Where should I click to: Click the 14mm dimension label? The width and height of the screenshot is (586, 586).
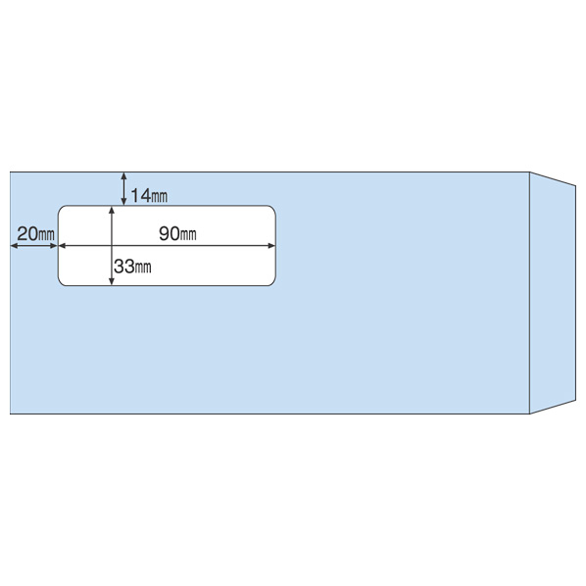(x=149, y=195)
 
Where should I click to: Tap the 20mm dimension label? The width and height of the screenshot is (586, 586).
(x=36, y=234)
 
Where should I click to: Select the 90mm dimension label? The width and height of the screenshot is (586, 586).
(x=177, y=233)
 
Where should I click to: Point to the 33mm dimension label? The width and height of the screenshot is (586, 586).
(x=132, y=267)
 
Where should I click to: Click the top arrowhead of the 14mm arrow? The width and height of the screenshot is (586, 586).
(x=124, y=175)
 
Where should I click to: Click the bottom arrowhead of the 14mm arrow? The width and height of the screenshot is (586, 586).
(x=124, y=202)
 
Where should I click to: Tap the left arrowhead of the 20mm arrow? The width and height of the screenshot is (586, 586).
(x=14, y=246)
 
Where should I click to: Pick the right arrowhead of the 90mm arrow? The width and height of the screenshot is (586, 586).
(x=271, y=246)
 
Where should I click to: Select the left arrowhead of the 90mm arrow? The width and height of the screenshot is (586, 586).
(x=63, y=246)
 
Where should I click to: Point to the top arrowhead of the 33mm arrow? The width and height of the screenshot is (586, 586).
(x=112, y=210)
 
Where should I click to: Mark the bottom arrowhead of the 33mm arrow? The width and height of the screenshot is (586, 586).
(x=112, y=282)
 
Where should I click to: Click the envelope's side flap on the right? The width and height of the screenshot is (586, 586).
(x=553, y=293)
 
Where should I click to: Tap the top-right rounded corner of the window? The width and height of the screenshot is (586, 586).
(x=273, y=208)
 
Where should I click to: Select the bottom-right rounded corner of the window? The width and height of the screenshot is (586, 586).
(x=273, y=283)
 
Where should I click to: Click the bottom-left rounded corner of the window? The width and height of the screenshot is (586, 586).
(x=61, y=283)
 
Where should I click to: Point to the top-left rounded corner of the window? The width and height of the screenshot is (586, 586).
(x=61, y=208)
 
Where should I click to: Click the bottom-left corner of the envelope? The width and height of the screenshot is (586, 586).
(x=10, y=414)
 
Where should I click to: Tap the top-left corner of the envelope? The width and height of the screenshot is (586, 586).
(x=10, y=172)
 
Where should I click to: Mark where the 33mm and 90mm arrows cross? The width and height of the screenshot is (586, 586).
(x=112, y=246)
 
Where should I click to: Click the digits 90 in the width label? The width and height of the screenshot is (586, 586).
(x=170, y=233)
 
